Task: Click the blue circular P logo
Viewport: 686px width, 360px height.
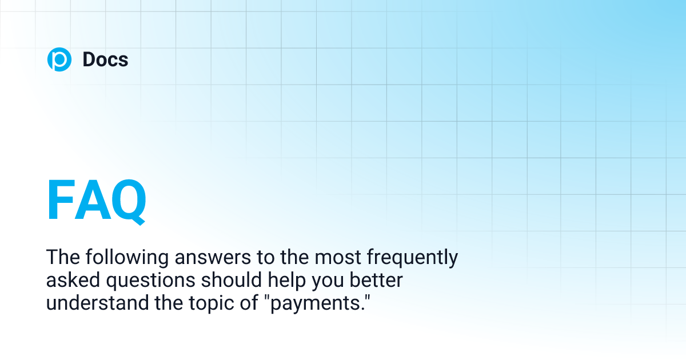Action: [59, 59]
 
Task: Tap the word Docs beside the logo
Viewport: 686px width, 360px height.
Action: [105, 59]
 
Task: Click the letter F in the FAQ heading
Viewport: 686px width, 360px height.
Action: [61, 201]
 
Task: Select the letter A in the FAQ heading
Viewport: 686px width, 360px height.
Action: [92, 201]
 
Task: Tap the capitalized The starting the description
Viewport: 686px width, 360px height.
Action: [62, 258]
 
